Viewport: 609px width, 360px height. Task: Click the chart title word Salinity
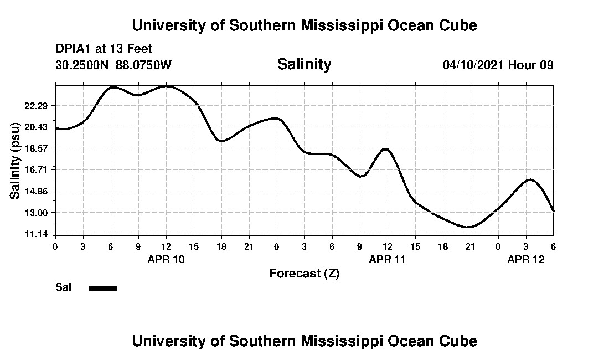304,64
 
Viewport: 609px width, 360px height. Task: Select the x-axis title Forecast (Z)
304,274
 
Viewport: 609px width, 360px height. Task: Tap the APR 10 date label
166,259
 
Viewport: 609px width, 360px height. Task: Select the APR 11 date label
388,259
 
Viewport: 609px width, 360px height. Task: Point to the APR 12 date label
526,259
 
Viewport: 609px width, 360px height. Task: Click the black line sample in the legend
103,288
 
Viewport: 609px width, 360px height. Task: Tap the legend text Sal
63,287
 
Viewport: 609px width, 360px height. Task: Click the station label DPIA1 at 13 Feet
104,49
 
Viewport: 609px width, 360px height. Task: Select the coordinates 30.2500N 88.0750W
113,65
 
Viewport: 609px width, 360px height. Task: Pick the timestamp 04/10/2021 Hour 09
498,65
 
